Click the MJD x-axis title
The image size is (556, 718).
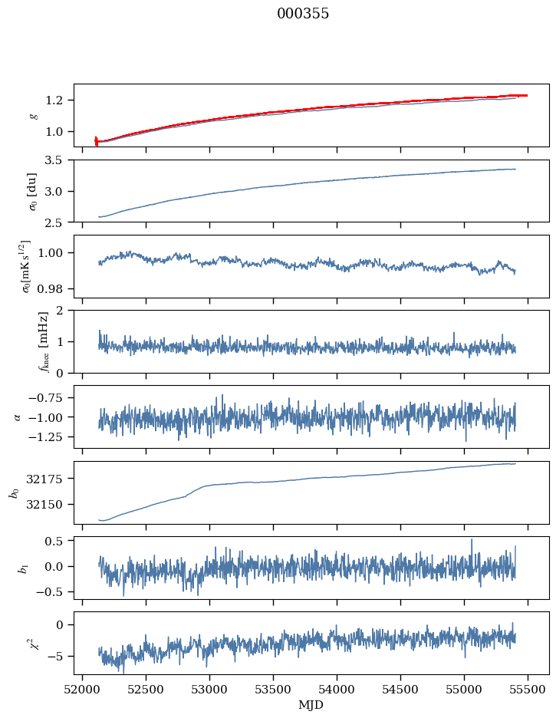[311, 704]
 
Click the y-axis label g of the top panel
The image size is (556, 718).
[33, 115]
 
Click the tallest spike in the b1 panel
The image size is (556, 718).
[472, 540]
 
